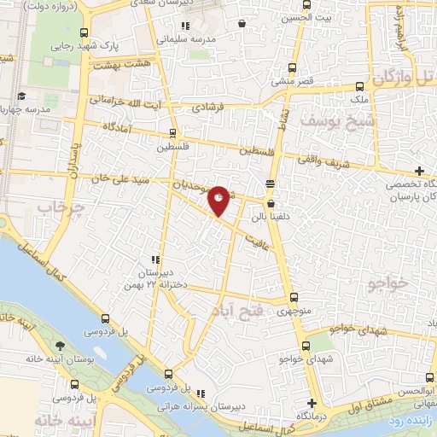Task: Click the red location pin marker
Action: [219, 200]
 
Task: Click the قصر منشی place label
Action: [293, 83]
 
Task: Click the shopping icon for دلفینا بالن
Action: [271, 204]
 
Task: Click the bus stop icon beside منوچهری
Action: [294, 299]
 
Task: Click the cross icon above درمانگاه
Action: [312, 403]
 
